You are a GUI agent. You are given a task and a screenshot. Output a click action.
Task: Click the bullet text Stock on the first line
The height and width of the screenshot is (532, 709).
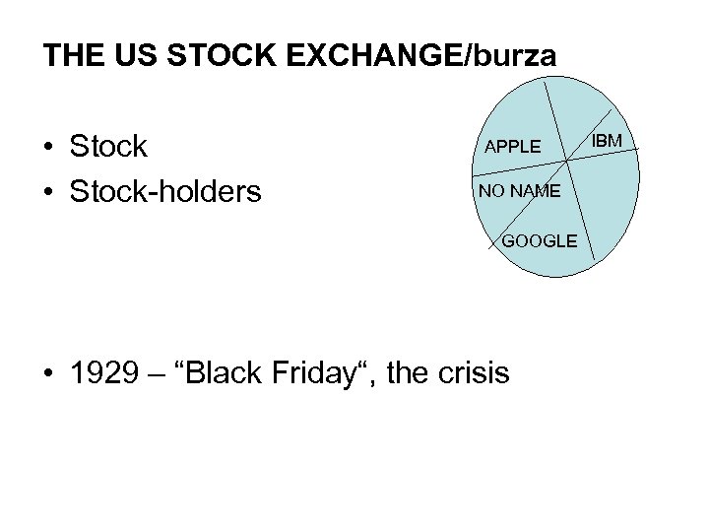tap(108, 147)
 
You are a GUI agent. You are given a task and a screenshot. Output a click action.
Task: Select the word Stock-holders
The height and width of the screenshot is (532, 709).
tap(165, 190)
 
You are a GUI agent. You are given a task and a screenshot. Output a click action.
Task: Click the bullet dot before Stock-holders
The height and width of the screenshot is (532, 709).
tap(47, 192)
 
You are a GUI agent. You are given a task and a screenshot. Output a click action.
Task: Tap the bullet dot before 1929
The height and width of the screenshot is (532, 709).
tap(47, 374)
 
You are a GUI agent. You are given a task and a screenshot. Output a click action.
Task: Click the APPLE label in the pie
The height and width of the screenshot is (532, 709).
tap(512, 147)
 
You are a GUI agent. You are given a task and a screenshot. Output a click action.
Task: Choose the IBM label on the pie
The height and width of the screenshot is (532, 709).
tap(608, 142)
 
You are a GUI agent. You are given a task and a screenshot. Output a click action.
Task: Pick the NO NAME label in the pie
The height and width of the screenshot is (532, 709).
tap(519, 190)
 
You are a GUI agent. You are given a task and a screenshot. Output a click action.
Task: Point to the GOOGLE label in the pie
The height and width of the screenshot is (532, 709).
tap(540, 240)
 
